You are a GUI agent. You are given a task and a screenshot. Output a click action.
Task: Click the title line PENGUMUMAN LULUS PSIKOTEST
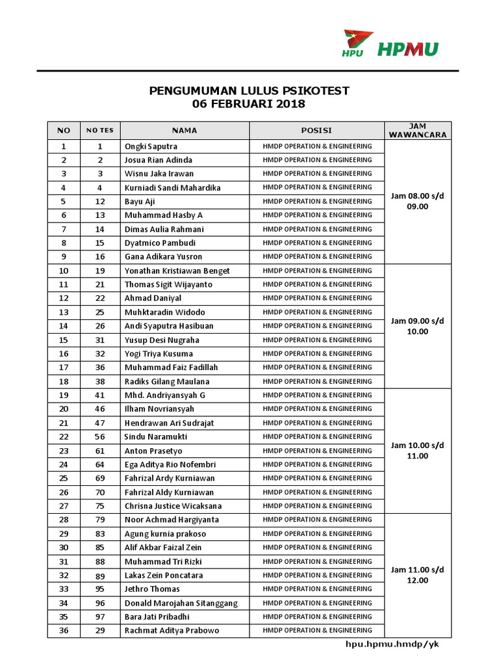tap(249, 91)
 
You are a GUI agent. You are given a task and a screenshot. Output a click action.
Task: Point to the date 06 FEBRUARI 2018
tap(249, 104)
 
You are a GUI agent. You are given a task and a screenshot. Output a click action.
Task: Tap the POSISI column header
tap(317, 130)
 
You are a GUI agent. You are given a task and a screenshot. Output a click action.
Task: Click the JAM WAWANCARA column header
tap(418, 130)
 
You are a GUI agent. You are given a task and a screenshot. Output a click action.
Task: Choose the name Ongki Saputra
tap(151, 146)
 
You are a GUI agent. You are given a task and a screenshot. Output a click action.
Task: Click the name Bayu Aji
tap(140, 202)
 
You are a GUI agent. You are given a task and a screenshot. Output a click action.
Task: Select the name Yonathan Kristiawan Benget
tap(177, 271)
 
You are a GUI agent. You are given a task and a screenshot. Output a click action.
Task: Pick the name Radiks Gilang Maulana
tap(166, 382)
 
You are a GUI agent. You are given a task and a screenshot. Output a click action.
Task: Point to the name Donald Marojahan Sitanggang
tap(181, 603)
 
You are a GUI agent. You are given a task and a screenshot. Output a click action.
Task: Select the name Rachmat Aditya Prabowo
tap(172, 630)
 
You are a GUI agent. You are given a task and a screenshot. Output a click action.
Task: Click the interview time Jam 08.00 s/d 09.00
tap(418, 201)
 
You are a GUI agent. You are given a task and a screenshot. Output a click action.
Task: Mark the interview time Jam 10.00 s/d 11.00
tap(418, 451)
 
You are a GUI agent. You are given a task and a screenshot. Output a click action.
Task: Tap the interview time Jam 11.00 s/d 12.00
tap(418, 575)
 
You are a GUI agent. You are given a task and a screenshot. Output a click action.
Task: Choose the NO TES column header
tap(100, 130)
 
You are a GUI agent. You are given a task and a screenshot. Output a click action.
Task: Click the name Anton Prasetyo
tap(153, 451)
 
